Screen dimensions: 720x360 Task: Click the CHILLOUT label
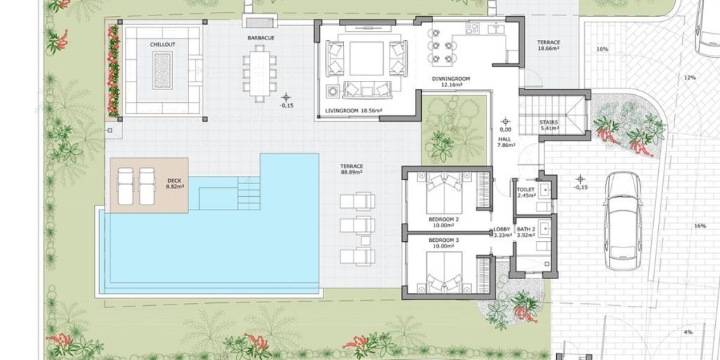[x=162, y=44]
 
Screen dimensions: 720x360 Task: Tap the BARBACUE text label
[x=261, y=38]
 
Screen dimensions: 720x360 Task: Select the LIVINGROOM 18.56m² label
[x=354, y=110]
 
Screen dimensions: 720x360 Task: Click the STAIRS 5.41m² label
[x=548, y=125]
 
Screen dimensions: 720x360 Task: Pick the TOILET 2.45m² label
[x=526, y=193]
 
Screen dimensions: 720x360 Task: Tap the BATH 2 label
[x=526, y=229]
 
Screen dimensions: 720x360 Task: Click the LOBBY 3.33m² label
[x=502, y=232]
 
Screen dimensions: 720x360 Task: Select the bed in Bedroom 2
[x=444, y=193]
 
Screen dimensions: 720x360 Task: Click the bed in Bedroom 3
[x=444, y=272]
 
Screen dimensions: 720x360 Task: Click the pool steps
[x=249, y=193]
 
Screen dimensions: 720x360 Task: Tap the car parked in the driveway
[x=623, y=221]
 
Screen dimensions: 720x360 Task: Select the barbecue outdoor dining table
[x=260, y=73]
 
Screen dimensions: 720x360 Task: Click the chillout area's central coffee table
[x=162, y=70]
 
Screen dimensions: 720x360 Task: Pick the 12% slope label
[x=690, y=77]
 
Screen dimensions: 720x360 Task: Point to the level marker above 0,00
[x=506, y=121]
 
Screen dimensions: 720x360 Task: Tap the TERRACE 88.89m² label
[x=352, y=169]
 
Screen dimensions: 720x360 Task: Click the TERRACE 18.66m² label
[x=548, y=45]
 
